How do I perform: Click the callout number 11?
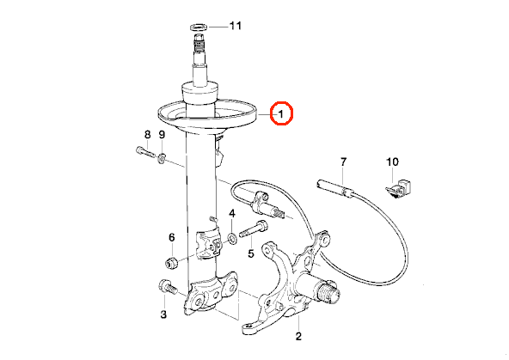(x=236, y=26)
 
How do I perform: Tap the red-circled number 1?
(x=281, y=113)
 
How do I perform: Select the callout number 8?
(x=148, y=134)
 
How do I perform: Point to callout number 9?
(x=162, y=134)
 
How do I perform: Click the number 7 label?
(x=343, y=162)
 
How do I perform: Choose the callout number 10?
(x=392, y=162)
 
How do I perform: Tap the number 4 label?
(x=232, y=213)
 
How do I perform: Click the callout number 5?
(x=251, y=253)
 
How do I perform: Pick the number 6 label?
(x=172, y=237)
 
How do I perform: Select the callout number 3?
(x=163, y=314)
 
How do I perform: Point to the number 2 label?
(x=298, y=336)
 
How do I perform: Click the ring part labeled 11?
(x=199, y=27)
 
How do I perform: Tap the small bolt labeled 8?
(x=145, y=152)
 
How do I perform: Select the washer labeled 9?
(x=162, y=159)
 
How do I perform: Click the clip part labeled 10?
(x=398, y=189)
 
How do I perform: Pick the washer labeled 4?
(x=232, y=239)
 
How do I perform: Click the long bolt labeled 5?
(x=254, y=229)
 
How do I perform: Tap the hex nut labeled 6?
(x=172, y=262)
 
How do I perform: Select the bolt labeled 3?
(x=167, y=287)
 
